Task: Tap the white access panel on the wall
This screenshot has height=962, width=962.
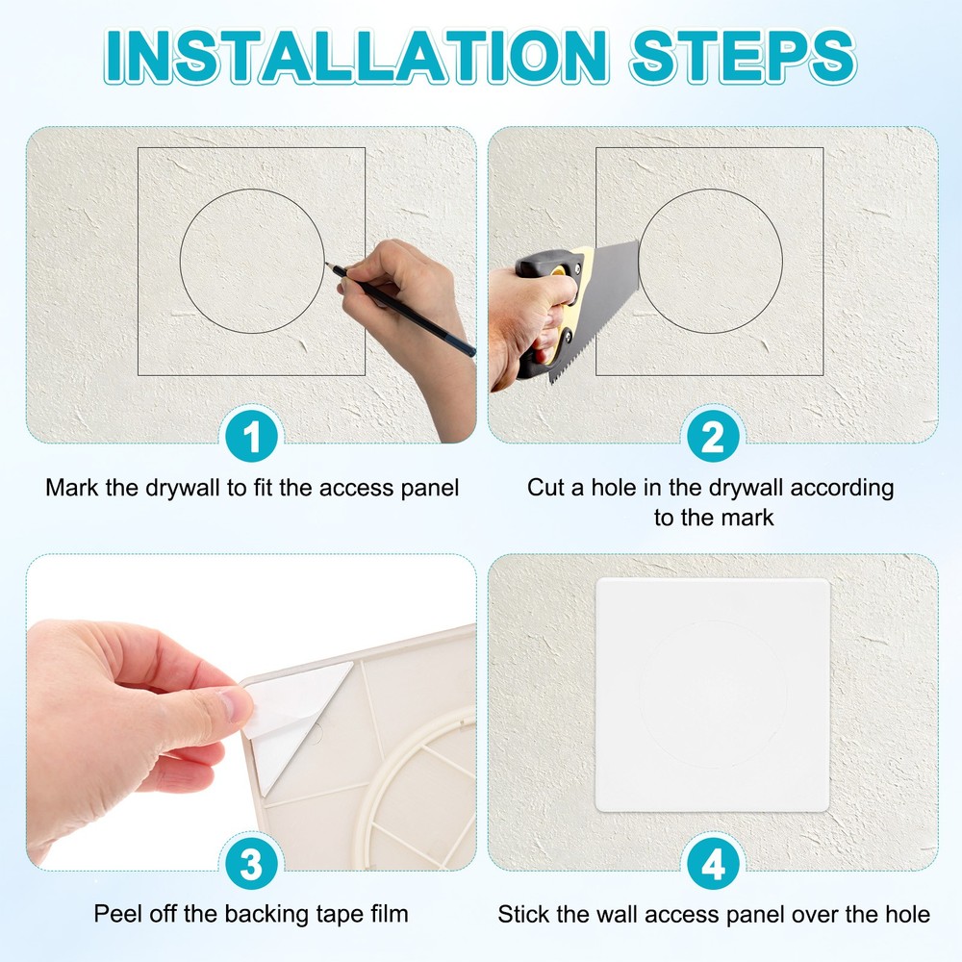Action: click(713, 695)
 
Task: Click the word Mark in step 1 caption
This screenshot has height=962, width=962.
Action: click(71, 488)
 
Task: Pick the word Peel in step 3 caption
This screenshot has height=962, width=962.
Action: click(115, 913)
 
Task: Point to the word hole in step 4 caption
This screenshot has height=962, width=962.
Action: click(906, 913)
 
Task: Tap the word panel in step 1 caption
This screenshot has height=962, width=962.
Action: click(428, 488)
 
